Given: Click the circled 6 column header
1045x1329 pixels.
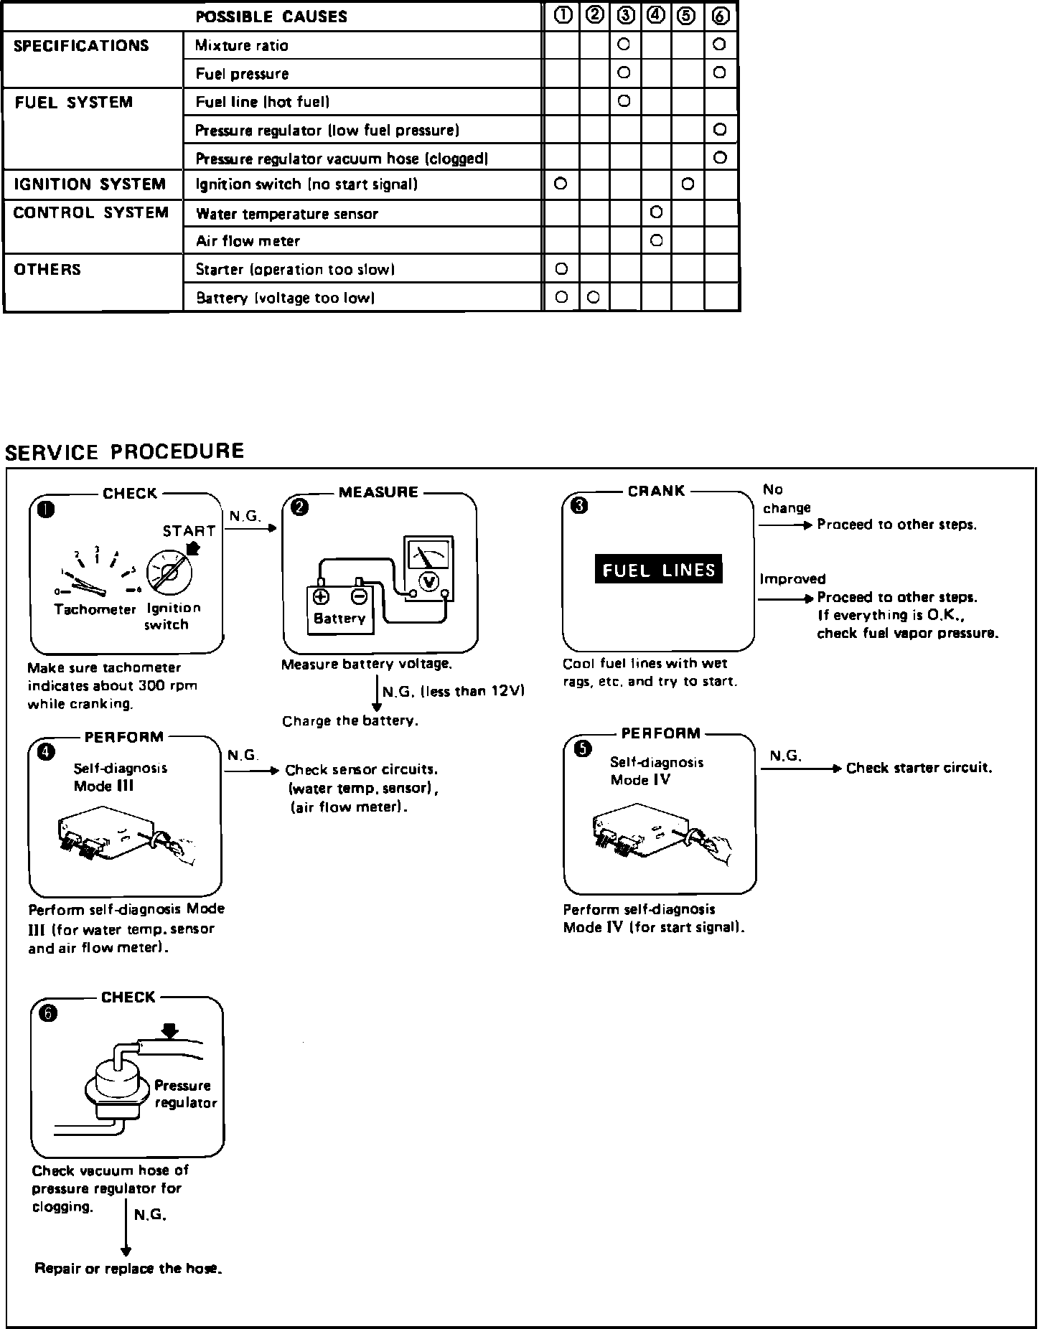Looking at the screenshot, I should [x=721, y=17].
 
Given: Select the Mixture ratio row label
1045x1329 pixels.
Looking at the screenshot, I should [x=242, y=46].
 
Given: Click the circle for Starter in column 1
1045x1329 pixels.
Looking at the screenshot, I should [x=562, y=269].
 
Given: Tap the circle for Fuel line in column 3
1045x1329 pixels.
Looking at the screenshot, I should [x=624, y=101].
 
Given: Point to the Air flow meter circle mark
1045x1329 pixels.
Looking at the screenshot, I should [x=656, y=240].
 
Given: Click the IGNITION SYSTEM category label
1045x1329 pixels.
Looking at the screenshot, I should [x=90, y=184].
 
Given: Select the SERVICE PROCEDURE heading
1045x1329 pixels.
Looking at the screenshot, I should [x=125, y=451].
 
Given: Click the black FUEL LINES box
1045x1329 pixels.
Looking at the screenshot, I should [x=658, y=570].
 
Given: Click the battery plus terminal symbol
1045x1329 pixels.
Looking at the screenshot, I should [x=321, y=596].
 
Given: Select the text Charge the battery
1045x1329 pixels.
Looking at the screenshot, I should [x=350, y=721].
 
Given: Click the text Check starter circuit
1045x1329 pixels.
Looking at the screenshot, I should [x=919, y=768].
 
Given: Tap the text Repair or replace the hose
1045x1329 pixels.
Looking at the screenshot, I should [x=128, y=1269].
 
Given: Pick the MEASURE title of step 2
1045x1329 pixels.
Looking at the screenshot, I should [x=378, y=492].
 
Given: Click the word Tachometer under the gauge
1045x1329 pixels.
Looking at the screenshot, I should [x=95, y=609].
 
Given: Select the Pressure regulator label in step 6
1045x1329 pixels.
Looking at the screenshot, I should [x=185, y=1094].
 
